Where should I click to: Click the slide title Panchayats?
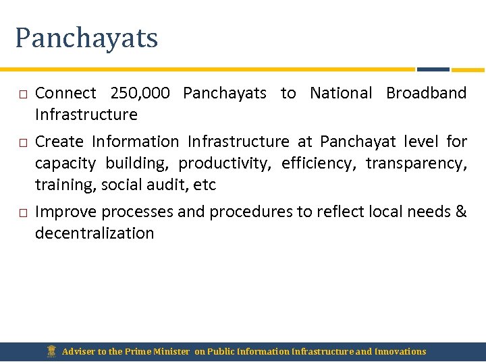[86, 38]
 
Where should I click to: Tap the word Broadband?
[426, 93]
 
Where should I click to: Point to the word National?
[340, 93]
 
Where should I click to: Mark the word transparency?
[416, 163]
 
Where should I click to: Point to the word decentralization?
[94, 233]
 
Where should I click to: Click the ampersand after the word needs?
[461, 212]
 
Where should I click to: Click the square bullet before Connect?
[22, 94]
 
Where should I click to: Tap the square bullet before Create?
[22, 143]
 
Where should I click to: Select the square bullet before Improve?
[22, 213]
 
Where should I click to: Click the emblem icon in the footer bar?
[51, 351]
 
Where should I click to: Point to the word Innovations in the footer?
[400, 351]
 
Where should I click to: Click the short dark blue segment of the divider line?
[433, 69]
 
